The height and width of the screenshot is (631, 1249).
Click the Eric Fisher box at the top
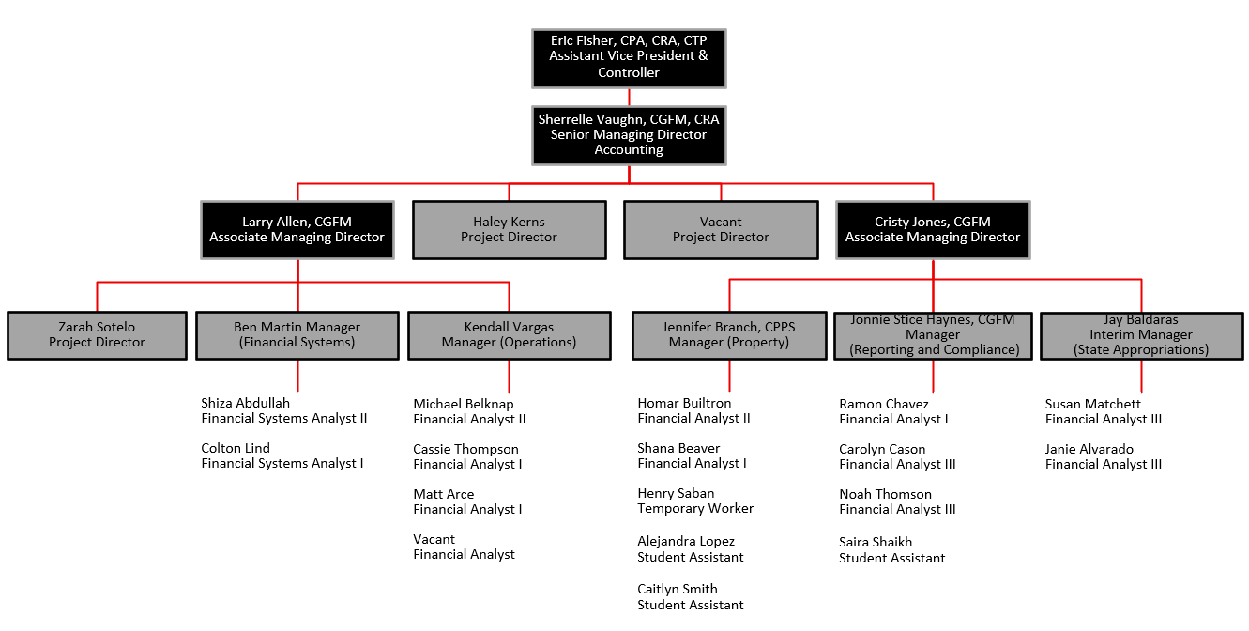coord(629,58)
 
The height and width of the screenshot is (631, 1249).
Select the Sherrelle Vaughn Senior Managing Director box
coord(629,135)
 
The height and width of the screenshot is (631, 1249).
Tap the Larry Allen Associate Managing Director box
coord(297,230)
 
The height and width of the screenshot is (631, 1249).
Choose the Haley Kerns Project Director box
coord(509,230)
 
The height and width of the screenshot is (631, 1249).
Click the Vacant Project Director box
coord(721,230)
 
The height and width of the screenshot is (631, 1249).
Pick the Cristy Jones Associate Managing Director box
coord(932,230)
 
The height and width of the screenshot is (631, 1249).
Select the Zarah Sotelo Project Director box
coord(97,335)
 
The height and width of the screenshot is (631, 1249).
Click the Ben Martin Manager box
coord(297,335)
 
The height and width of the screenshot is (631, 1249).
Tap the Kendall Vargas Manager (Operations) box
coord(509,335)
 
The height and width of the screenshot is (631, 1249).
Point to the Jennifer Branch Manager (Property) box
coord(728,335)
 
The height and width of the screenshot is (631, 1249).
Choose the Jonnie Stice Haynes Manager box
coord(934,335)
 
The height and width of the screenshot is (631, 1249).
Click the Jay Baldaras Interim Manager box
coord(1141,335)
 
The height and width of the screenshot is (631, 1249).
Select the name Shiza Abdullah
coord(246,404)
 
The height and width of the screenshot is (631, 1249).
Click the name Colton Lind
coord(236,449)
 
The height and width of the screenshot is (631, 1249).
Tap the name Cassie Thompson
coord(465,450)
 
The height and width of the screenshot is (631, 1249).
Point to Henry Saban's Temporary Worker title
coord(695,509)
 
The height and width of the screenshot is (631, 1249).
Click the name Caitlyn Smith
coord(678,590)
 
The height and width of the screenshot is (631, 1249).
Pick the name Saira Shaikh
coord(876,543)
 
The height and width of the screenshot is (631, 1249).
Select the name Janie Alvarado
coord(1089,450)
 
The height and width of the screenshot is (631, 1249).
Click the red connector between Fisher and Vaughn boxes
coord(629,97)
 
